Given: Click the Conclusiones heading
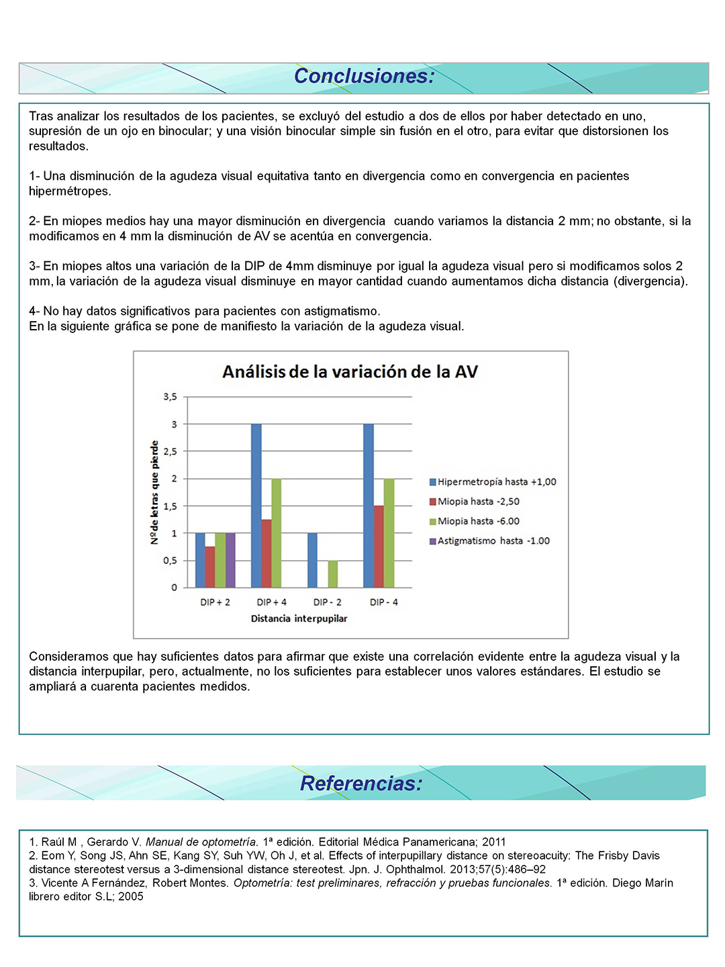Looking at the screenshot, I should (x=364, y=77).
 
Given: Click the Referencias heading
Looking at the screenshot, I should (x=361, y=784).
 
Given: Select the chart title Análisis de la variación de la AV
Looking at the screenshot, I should (x=350, y=371).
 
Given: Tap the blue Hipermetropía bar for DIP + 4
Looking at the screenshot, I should (x=256, y=506).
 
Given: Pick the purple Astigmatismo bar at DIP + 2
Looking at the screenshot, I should (x=230, y=560).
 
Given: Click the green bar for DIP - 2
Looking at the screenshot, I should (x=333, y=574).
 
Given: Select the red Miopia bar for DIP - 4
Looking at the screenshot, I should (x=379, y=547).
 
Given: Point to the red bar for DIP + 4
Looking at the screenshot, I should (x=267, y=553).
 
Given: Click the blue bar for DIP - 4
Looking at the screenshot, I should (x=369, y=506).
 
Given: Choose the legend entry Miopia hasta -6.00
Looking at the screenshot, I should (x=478, y=521).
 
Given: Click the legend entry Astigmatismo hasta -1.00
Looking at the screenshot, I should (x=493, y=541).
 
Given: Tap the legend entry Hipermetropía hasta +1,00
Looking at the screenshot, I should (x=496, y=482).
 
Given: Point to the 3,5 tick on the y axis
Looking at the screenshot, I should (x=170, y=397).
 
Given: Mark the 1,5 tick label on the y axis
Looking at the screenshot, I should (x=170, y=506).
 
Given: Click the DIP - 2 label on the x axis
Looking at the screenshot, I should (x=328, y=602).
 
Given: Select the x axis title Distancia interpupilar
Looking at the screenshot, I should (x=299, y=618).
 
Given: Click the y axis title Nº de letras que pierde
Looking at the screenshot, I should (x=154, y=492).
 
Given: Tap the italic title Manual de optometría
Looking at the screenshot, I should (x=201, y=842).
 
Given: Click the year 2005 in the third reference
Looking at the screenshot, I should (x=131, y=896).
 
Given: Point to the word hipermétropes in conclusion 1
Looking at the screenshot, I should (x=70, y=191).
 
